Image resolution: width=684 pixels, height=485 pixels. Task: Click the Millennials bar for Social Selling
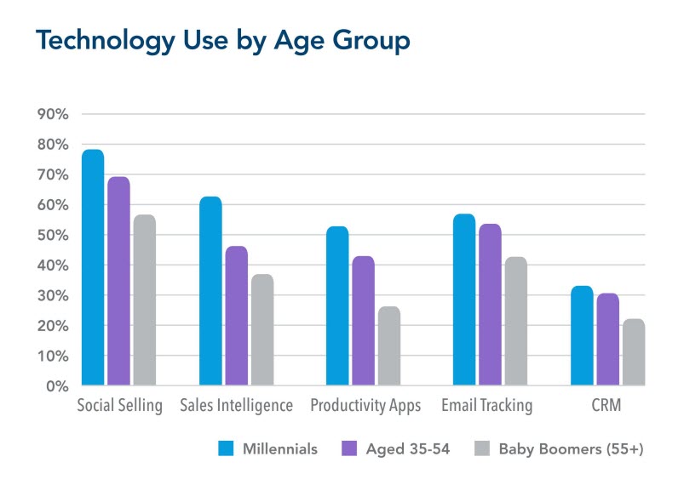click(x=93, y=268)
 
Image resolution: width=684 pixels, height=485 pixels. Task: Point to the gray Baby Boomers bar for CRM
click(x=633, y=352)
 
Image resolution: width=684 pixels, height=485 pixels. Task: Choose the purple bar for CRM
click(x=608, y=339)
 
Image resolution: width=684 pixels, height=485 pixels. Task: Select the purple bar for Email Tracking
click(x=490, y=305)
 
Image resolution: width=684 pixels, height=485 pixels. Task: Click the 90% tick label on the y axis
click(x=51, y=114)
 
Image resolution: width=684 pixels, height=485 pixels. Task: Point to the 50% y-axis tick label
click(x=51, y=235)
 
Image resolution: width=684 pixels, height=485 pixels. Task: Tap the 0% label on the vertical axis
click(x=55, y=386)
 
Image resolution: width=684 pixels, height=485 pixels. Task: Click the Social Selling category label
click(x=120, y=406)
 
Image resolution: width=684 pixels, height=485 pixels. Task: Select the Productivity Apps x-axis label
click(x=365, y=406)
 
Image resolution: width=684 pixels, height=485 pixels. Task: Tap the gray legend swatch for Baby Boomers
click(x=483, y=448)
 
